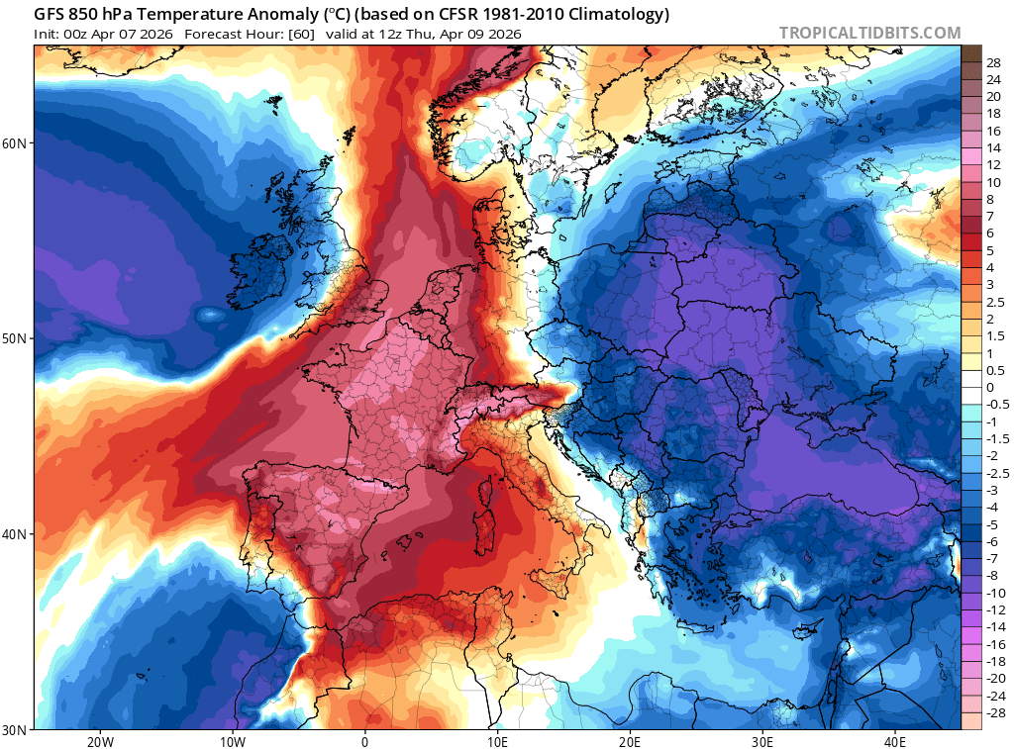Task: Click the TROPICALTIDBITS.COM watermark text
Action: click(869, 34)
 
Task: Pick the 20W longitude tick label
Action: click(99, 741)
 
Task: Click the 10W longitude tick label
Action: click(232, 741)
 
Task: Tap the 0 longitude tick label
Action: click(364, 741)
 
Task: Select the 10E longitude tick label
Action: click(497, 741)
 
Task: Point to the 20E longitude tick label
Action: click(630, 741)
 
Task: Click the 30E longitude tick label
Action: click(762, 741)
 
